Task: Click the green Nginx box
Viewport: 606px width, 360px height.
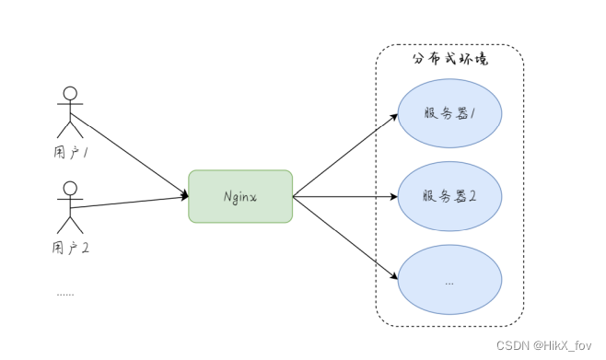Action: click(240, 196)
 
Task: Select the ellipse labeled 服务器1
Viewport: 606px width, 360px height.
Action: click(449, 113)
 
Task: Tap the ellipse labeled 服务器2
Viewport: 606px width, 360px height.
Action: click(449, 196)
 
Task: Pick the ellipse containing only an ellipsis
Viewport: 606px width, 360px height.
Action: click(449, 281)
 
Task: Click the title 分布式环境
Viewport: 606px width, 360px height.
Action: click(449, 59)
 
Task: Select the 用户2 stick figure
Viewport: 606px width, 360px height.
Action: click(69, 206)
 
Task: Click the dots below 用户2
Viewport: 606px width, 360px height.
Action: click(64, 294)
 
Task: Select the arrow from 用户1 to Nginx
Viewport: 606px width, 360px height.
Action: click(129, 155)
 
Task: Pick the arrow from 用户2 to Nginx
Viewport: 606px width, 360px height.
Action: click(129, 203)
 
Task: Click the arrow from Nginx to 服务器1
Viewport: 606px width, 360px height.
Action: click(345, 155)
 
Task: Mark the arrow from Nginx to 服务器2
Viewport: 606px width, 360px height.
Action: click(345, 196)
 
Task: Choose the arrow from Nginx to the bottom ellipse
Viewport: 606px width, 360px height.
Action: click(345, 238)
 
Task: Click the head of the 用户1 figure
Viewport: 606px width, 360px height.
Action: click(69, 93)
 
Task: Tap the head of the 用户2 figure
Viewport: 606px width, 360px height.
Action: click(69, 188)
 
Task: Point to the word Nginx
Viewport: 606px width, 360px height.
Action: click(240, 196)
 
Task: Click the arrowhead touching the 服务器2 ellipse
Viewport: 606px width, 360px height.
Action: click(393, 196)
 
